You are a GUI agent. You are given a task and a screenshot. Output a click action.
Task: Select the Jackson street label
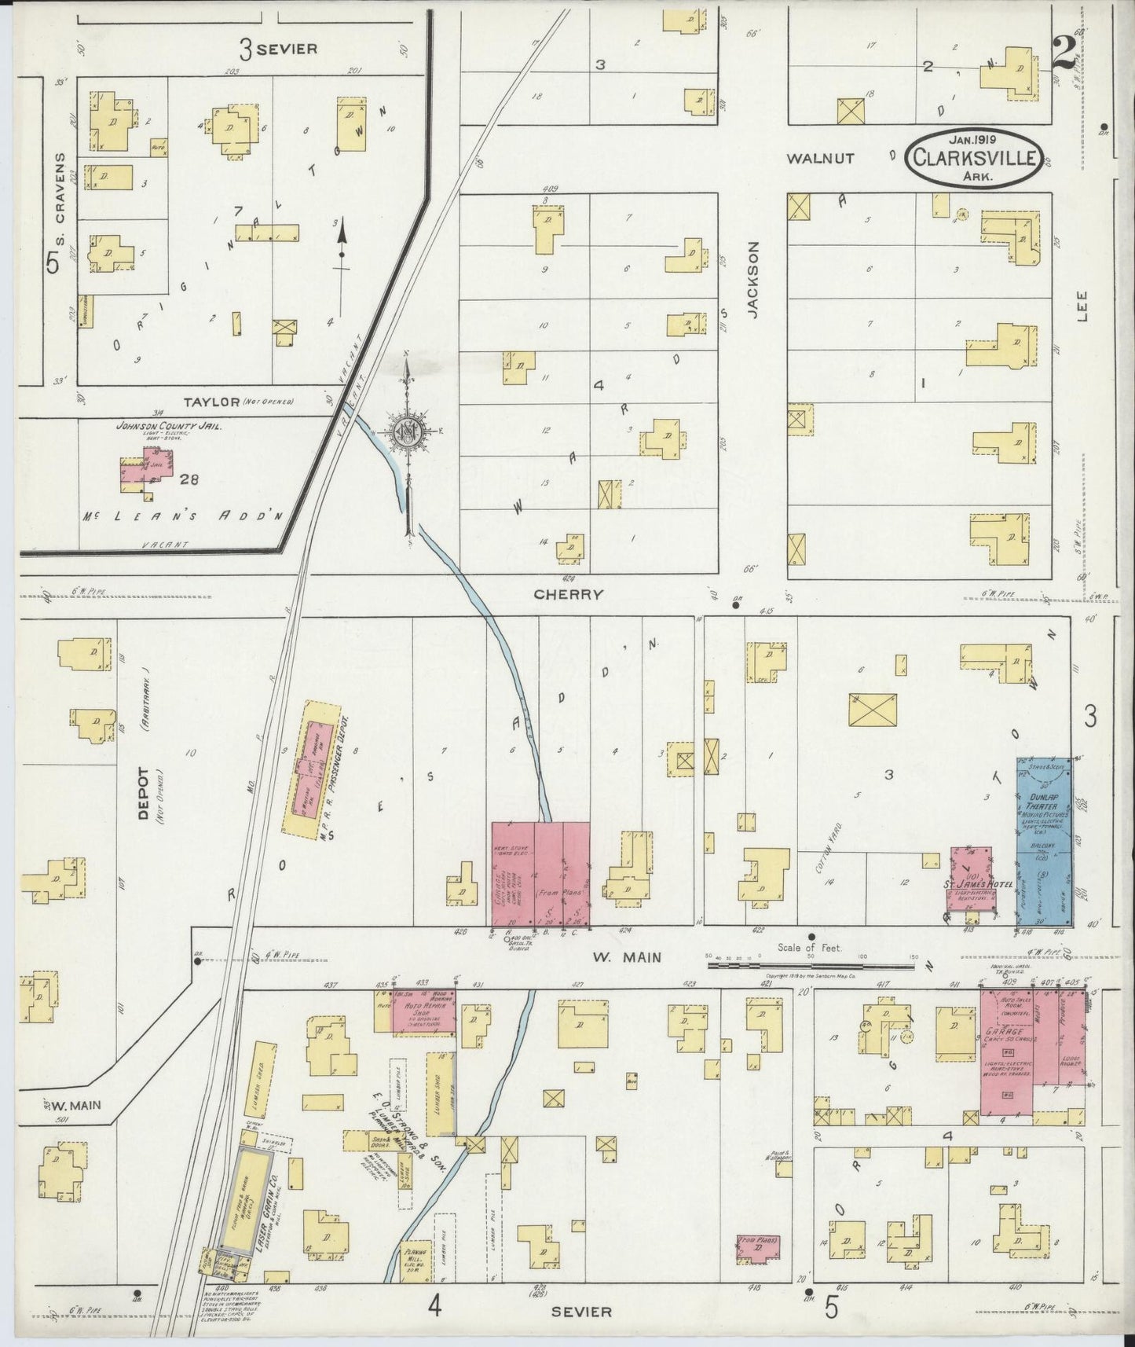(754, 279)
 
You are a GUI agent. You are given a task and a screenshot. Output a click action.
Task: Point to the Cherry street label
(568, 595)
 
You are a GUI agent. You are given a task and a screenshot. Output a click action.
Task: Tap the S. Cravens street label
(59, 189)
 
